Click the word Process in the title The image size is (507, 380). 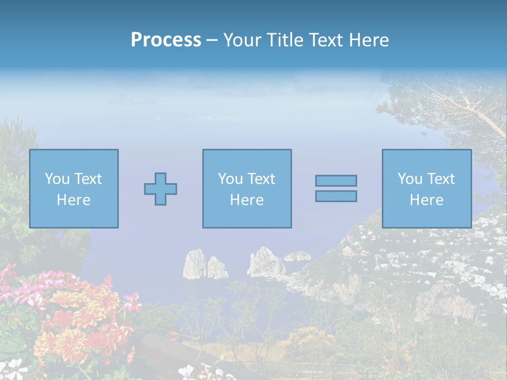[166, 40]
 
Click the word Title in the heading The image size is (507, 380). [285, 40]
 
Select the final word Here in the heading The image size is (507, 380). [370, 40]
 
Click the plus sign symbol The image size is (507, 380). [161, 189]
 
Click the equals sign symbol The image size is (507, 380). [336, 188]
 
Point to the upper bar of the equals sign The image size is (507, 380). [336, 180]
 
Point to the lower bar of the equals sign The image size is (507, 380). [336, 196]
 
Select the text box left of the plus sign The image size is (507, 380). [73, 188]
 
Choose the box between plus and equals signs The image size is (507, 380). [247, 188]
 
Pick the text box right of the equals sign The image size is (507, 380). [426, 188]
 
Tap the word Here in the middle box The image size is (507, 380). [247, 200]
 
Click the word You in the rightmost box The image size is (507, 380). [410, 179]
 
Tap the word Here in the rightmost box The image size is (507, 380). [426, 200]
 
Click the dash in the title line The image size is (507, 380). [212, 41]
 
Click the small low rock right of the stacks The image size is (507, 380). [297, 256]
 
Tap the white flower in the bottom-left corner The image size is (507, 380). [13, 367]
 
